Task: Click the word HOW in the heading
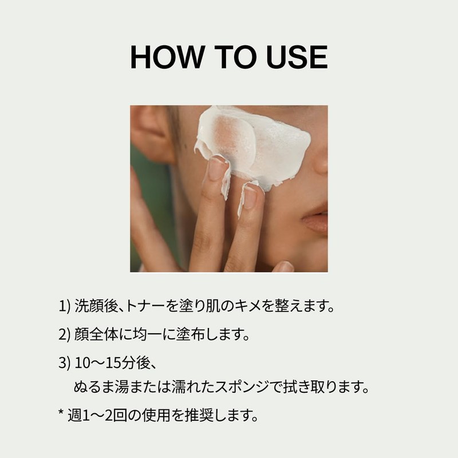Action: [167, 57]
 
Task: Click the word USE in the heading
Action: [297, 57]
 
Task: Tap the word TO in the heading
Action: [235, 57]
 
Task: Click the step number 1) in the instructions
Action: [65, 306]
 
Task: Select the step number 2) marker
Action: [65, 334]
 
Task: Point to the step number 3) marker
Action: [65, 363]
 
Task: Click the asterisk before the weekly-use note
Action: [61, 412]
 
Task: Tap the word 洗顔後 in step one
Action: [96, 306]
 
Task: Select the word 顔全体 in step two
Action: [96, 334]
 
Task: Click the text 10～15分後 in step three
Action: [113, 363]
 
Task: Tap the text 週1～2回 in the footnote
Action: [97, 415]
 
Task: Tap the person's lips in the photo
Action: [315, 218]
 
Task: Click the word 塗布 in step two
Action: [191, 334]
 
